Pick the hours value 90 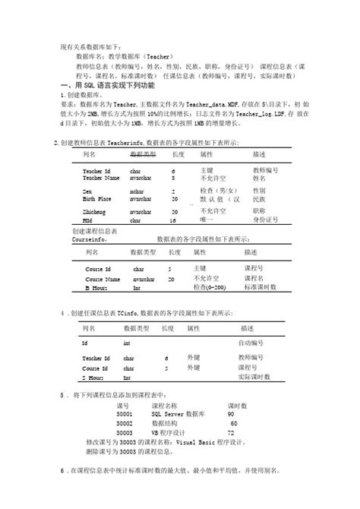pyautogui.click(x=230, y=414)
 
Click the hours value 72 pyautogui.click(x=231, y=432)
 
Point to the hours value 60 pyautogui.click(x=233, y=423)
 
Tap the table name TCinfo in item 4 pyautogui.click(x=128, y=312)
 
